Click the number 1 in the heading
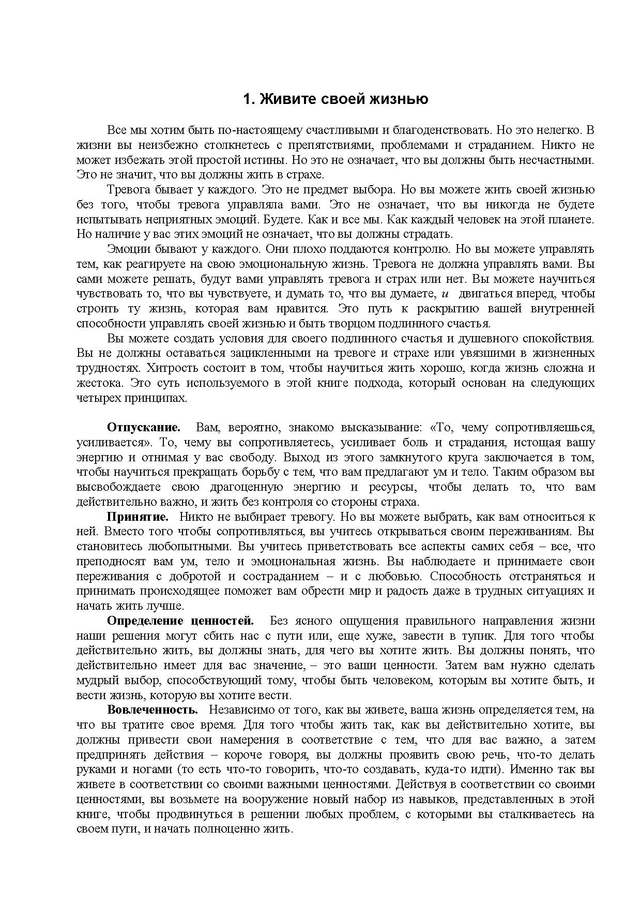247,99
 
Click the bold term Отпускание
144,428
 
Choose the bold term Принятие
138,517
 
